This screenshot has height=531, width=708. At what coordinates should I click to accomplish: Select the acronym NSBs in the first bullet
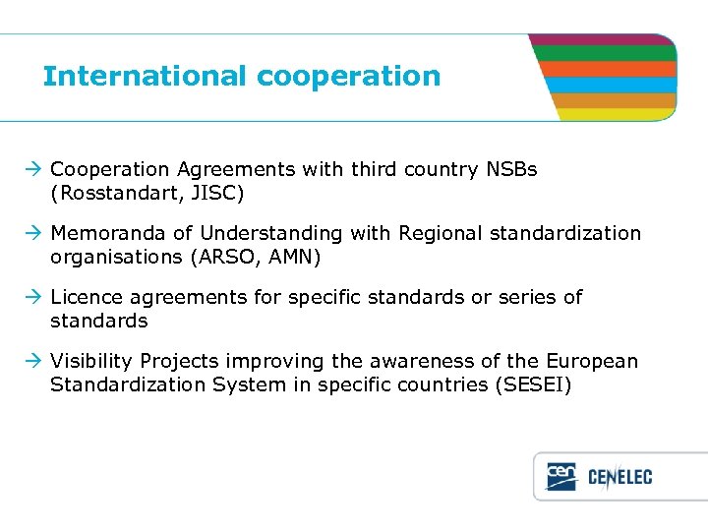(x=511, y=169)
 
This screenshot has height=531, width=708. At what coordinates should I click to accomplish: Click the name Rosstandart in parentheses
(x=111, y=194)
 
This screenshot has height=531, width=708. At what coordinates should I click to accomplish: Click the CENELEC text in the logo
(x=619, y=478)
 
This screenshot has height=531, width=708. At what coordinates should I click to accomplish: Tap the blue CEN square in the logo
(x=561, y=477)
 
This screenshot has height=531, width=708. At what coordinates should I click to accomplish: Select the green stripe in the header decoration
(x=605, y=53)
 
